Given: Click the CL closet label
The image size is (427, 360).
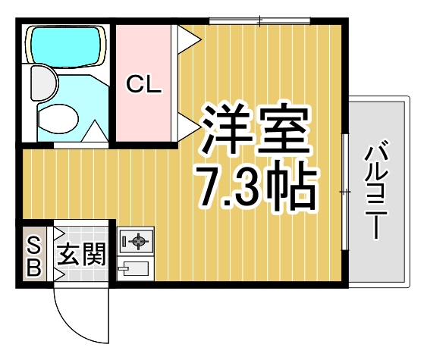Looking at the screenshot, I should tap(143, 85).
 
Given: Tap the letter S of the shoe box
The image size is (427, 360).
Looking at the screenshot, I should tap(33, 244).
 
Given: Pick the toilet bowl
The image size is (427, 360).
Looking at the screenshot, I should tap(59, 117).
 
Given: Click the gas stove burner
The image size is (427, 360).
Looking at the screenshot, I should tap(137, 242).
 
